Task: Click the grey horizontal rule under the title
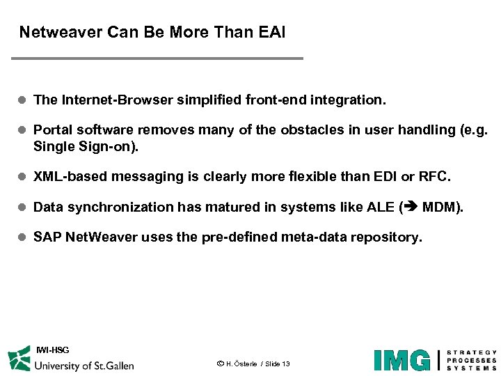[157, 58]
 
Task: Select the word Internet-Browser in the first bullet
[118, 100]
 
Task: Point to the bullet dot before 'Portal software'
[22, 130]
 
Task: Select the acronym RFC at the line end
[433, 177]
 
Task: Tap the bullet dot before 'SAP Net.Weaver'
[22, 237]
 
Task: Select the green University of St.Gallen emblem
[19, 360]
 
